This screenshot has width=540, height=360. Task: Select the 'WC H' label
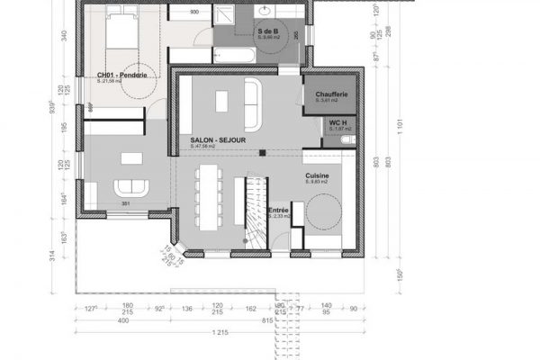coord(338,122)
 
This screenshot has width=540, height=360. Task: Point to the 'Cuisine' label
coord(316,175)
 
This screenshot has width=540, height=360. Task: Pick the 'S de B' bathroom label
coord(267,31)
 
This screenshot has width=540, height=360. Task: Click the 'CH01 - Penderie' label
coord(121,75)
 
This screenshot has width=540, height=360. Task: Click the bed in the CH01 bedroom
coord(119,31)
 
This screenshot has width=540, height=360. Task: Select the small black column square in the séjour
coord(262,153)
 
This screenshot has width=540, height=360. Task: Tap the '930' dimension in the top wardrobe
coord(196,12)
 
